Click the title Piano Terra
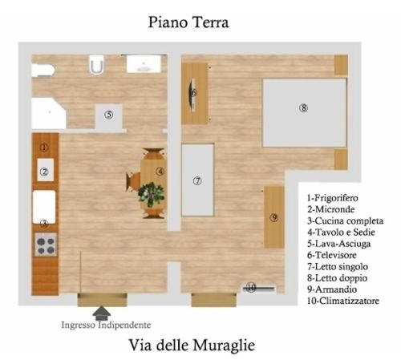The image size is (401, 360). (x=188, y=22)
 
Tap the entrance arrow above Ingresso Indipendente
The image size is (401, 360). (x=101, y=313)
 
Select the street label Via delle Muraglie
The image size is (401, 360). (x=192, y=345)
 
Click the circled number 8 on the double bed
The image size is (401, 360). (x=303, y=108)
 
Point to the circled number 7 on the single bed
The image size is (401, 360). (x=197, y=181)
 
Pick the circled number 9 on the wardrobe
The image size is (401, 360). (x=273, y=217)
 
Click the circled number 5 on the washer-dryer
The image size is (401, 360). (x=109, y=115)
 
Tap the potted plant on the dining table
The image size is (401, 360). (x=151, y=194)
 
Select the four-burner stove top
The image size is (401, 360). (x=46, y=245)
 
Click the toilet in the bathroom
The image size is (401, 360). (x=96, y=65)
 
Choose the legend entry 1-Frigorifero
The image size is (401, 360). (x=332, y=198)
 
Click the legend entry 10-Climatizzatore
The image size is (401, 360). (x=343, y=301)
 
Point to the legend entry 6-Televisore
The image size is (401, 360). (x=331, y=255)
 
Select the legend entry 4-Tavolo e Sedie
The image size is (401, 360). (x=341, y=232)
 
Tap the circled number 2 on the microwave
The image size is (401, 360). (x=44, y=172)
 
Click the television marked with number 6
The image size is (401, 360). (x=192, y=94)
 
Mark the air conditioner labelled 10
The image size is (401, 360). (x=258, y=288)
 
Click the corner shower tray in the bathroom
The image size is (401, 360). (x=49, y=113)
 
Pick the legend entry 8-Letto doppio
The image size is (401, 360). (x=337, y=278)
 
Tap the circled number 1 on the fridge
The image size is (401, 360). (x=44, y=147)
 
